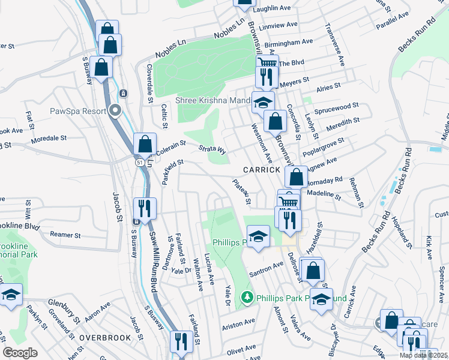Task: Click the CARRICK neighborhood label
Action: point(262,170)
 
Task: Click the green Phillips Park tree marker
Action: point(247,297)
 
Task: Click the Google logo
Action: point(20,353)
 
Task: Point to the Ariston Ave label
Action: point(238,323)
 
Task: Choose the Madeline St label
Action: point(323,194)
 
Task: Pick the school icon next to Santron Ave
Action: point(258,238)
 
